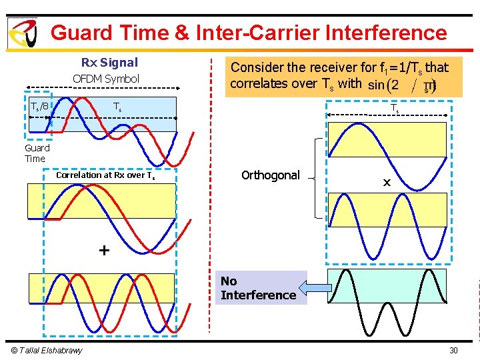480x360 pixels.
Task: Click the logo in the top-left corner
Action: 21,32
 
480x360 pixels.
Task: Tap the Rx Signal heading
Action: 109,63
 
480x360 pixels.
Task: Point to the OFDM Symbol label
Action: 106,79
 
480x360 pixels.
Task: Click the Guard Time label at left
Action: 37,153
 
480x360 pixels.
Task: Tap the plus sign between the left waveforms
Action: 103,251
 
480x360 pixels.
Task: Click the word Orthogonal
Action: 271,175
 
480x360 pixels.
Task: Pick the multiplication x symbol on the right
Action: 387,181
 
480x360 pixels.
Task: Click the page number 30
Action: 453,351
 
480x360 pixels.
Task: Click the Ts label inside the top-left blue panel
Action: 117,107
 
